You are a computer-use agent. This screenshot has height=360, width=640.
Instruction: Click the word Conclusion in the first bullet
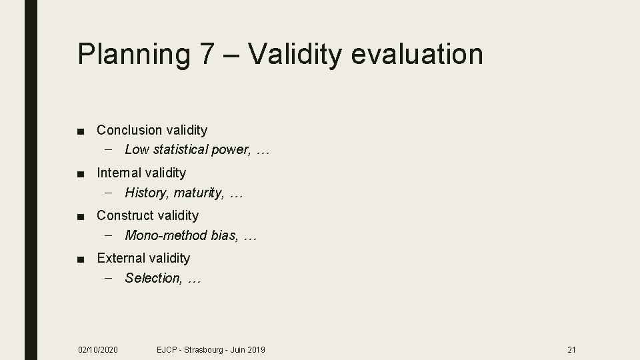(x=129, y=130)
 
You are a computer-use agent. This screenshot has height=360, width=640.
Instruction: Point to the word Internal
(x=120, y=173)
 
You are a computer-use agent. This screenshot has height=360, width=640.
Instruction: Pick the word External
(x=121, y=258)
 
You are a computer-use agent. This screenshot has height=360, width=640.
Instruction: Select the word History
(x=147, y=193)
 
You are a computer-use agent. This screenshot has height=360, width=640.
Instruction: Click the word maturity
(x=199, y=193)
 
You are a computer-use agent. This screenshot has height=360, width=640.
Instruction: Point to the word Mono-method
(x=165, y=235)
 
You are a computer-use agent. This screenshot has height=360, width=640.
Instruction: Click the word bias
(x=224, y=235)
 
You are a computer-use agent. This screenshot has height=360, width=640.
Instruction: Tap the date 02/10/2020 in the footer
(x=98, y=349)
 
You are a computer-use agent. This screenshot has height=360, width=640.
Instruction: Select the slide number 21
(x=571, y=349)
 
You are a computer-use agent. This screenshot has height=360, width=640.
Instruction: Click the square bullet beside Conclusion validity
(x=81, y=131)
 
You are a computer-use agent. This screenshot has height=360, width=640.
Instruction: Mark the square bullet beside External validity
(x=81, y=259)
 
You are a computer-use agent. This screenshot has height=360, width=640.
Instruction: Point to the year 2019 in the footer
(x=256, y=349)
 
